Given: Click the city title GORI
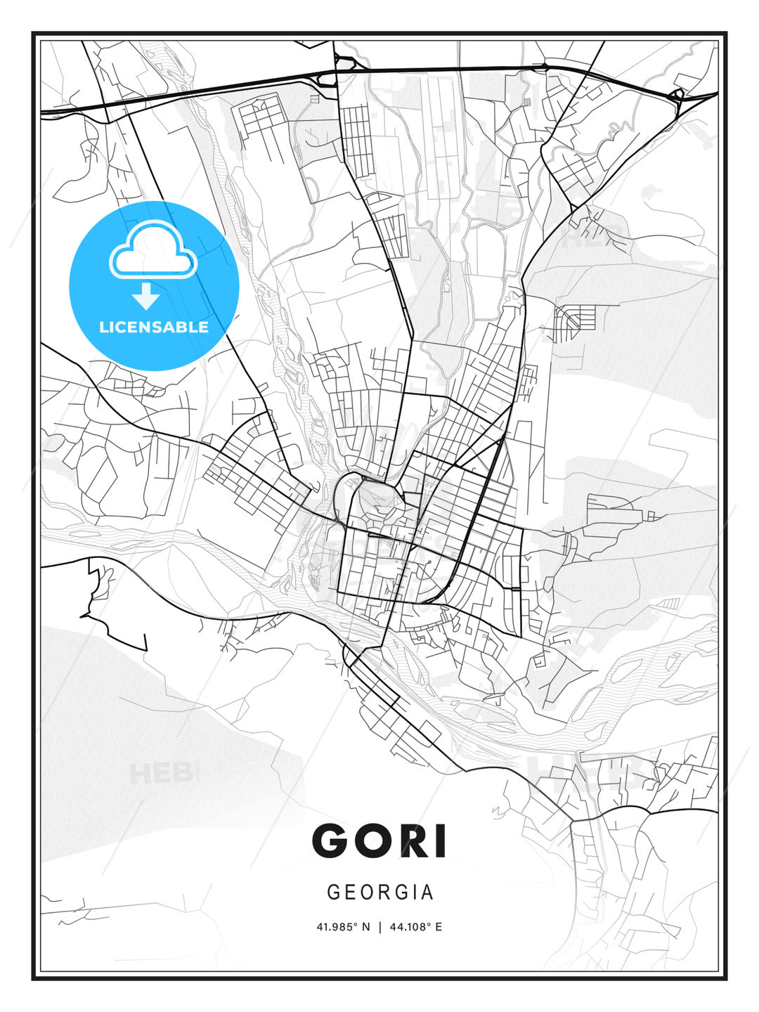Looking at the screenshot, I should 379,841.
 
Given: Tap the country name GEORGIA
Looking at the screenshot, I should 380,893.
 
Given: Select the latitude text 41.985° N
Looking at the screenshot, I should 343,927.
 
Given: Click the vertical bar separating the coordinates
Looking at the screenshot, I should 379,927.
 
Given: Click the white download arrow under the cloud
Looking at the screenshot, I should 146,297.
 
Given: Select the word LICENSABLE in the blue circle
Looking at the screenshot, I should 154,327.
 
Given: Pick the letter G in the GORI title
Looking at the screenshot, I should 333,841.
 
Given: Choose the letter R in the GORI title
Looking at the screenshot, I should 416,841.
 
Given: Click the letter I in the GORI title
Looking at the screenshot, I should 441,841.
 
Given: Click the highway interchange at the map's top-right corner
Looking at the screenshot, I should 677,95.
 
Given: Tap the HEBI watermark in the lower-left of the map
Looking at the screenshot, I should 161,773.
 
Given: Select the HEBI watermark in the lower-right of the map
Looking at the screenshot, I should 583,772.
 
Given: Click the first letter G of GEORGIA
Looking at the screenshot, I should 333,893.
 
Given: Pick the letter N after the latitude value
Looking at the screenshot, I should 365,927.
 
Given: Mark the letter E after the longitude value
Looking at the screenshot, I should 439,927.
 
